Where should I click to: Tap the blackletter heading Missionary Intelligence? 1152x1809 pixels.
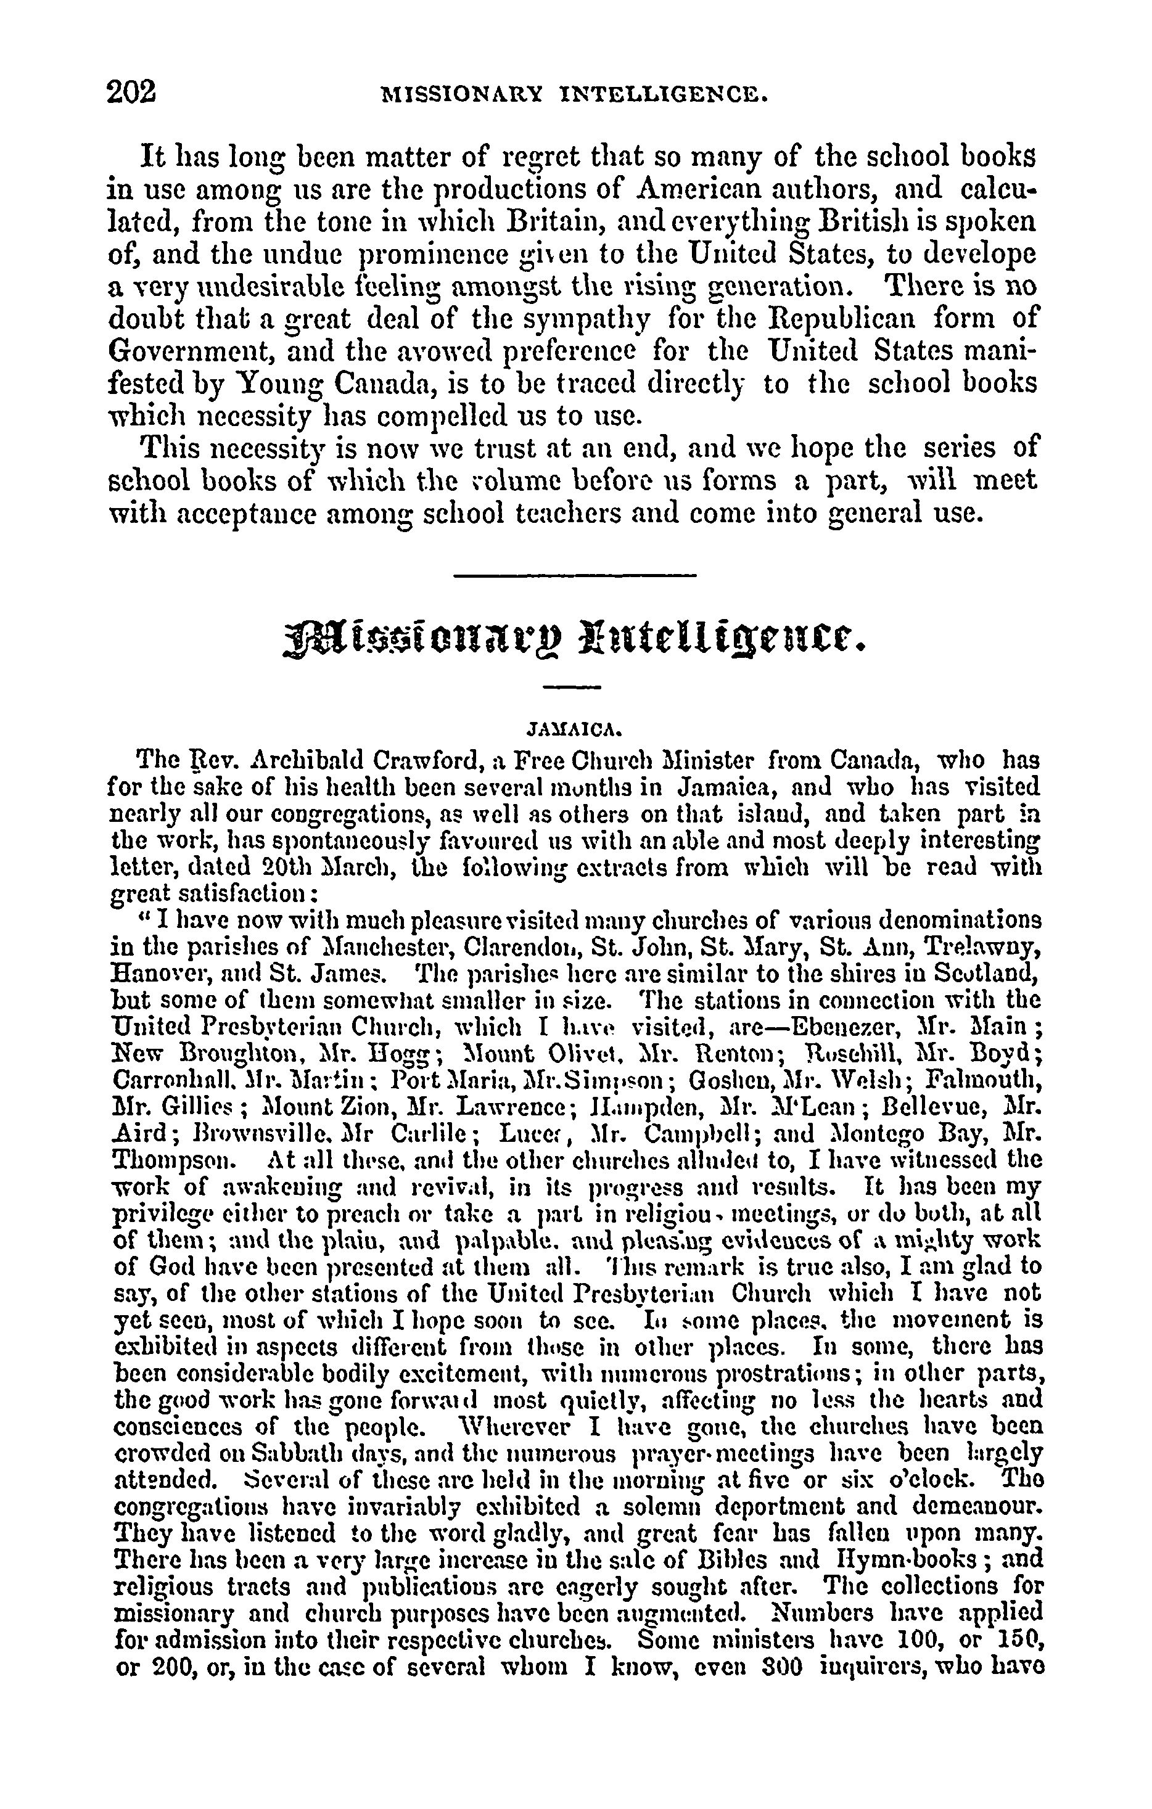point(575,637)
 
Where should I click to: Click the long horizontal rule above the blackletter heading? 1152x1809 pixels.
point(575,576)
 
